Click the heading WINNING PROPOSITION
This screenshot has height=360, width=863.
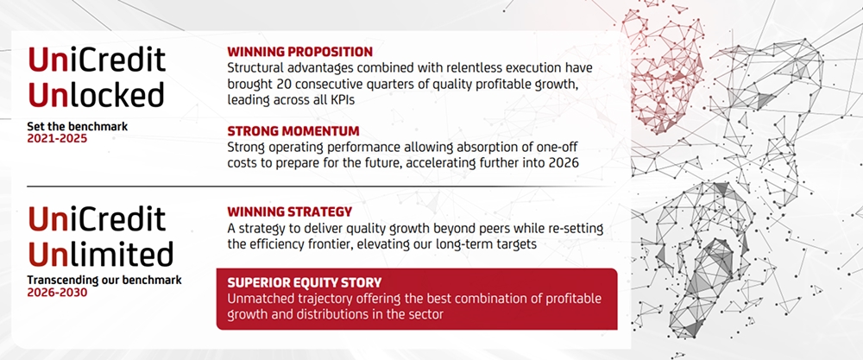click(x=300, y=53)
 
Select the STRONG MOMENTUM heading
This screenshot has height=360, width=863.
click(x=293, y=131)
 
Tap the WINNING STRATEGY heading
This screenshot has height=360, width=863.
click(x=289, y=212)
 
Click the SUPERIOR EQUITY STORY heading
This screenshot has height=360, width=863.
click(x=305, y=283)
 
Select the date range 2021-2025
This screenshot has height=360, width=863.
click(x=57, y=139)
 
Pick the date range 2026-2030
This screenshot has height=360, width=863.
click(x=57, y=293)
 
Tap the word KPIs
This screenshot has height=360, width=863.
click(x=341, y=100)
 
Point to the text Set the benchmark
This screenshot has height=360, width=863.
click(x=78, y=127)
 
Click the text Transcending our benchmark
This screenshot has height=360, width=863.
click(x=104, y=281)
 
